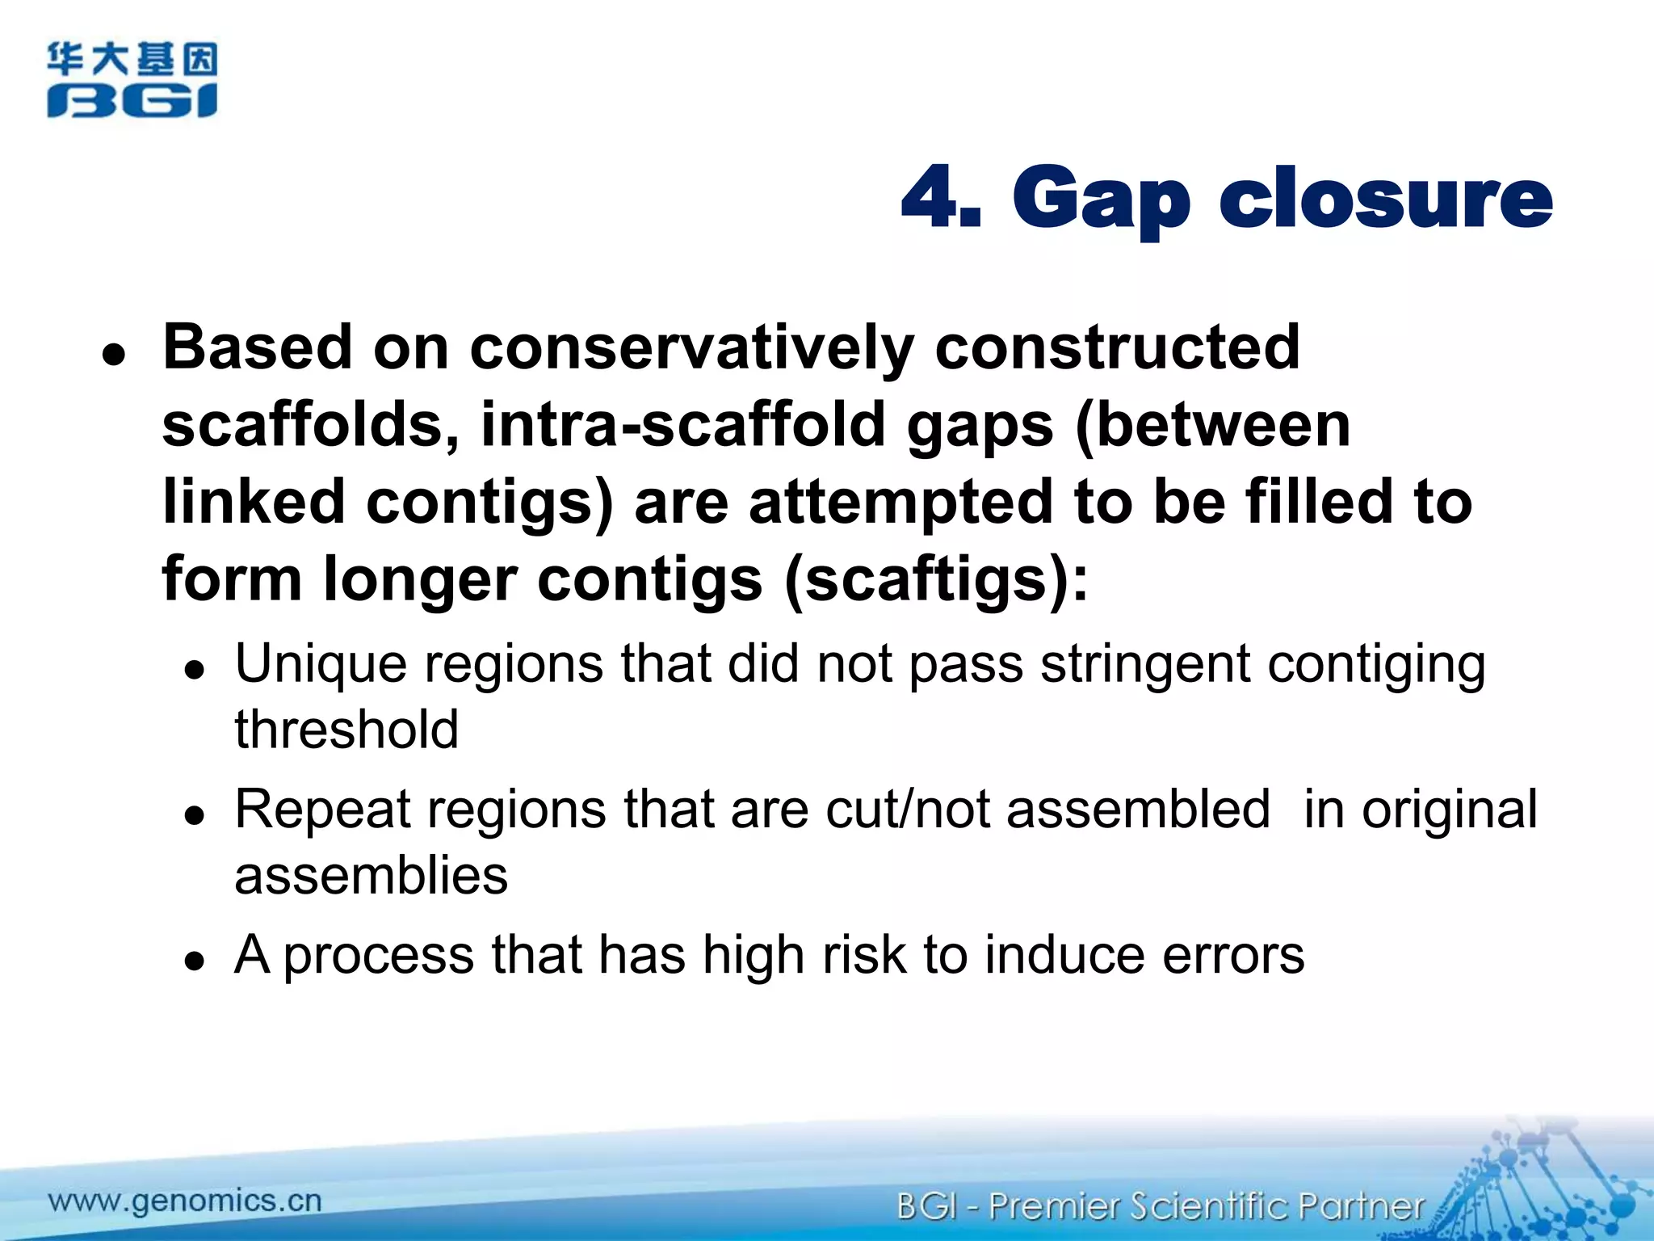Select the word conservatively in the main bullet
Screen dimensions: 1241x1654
(x=691, y=347)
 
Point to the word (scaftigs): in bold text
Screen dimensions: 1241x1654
(x=936, y=578)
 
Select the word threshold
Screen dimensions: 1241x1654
(x=346, y=729)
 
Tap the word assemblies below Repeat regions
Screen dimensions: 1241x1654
(x=371, y=875)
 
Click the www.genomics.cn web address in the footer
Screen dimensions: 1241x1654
(x=185, y=1201)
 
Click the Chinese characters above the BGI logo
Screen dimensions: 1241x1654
(x=132, y=59)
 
